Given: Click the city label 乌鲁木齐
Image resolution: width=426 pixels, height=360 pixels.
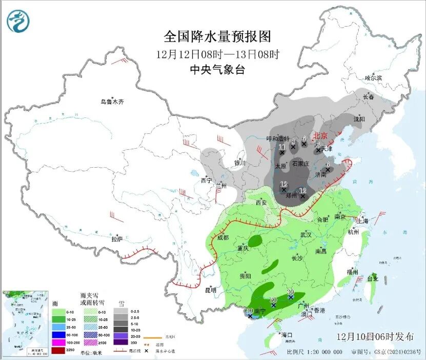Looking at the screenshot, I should (x=112, y=102).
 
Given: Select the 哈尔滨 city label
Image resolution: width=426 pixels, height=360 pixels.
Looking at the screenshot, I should (x=373, y=78).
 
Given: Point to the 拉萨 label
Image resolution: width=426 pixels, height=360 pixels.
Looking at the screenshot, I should (x=117, y=238).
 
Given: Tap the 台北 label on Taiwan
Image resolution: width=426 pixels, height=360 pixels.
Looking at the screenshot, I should (x=372, y=279).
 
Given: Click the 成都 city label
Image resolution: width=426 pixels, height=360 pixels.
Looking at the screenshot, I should (x=222, y=237).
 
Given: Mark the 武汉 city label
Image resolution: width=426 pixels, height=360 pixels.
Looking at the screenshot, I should (x=306, y=234).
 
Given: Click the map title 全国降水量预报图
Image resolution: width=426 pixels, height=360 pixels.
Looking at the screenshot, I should (x=217, y=36).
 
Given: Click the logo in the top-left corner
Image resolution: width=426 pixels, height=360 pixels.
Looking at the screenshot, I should (x=18, y=22).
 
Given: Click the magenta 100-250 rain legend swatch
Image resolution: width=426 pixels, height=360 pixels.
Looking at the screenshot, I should (x=57, y=343).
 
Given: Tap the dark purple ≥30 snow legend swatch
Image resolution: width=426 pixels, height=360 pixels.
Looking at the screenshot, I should (x=120, y=343).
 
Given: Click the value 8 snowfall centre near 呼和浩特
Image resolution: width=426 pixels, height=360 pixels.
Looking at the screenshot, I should (x=293, y=147).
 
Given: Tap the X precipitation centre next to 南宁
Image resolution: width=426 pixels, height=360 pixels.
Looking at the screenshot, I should (x=250, y=316).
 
